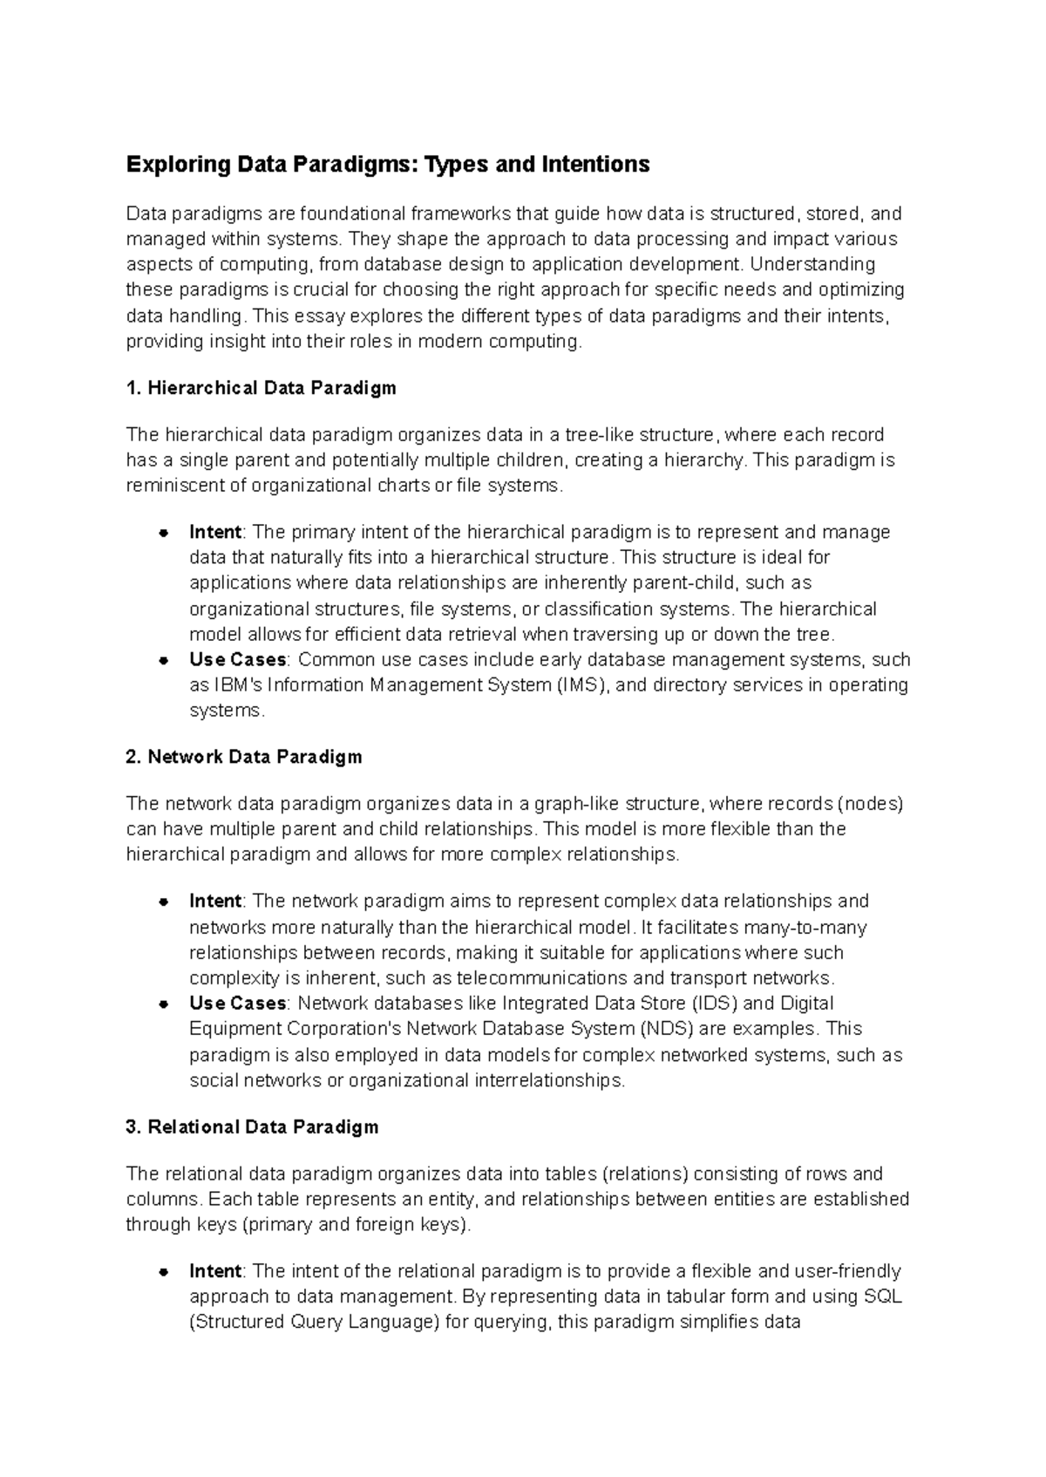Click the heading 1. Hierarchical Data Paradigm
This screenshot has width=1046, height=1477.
click(x=261, y=388)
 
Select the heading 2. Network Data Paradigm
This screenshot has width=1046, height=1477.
click(x=243, y=757)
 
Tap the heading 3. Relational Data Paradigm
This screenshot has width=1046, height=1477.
click(x=252, y=1126)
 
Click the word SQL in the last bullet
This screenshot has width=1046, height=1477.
click(x=882, y=1297)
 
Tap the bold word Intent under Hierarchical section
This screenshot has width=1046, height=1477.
click(x=215, y=532)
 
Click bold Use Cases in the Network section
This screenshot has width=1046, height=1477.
click(x=238, y=1004)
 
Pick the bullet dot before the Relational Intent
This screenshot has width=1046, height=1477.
click(x=162, y=1272)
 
